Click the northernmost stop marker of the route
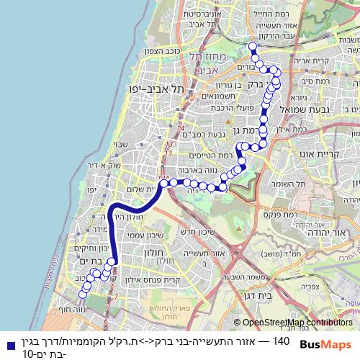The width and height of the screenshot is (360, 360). point(252,47)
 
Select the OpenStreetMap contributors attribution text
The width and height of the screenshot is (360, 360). point(297,323)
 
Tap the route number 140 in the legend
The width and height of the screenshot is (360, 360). point(280,341)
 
